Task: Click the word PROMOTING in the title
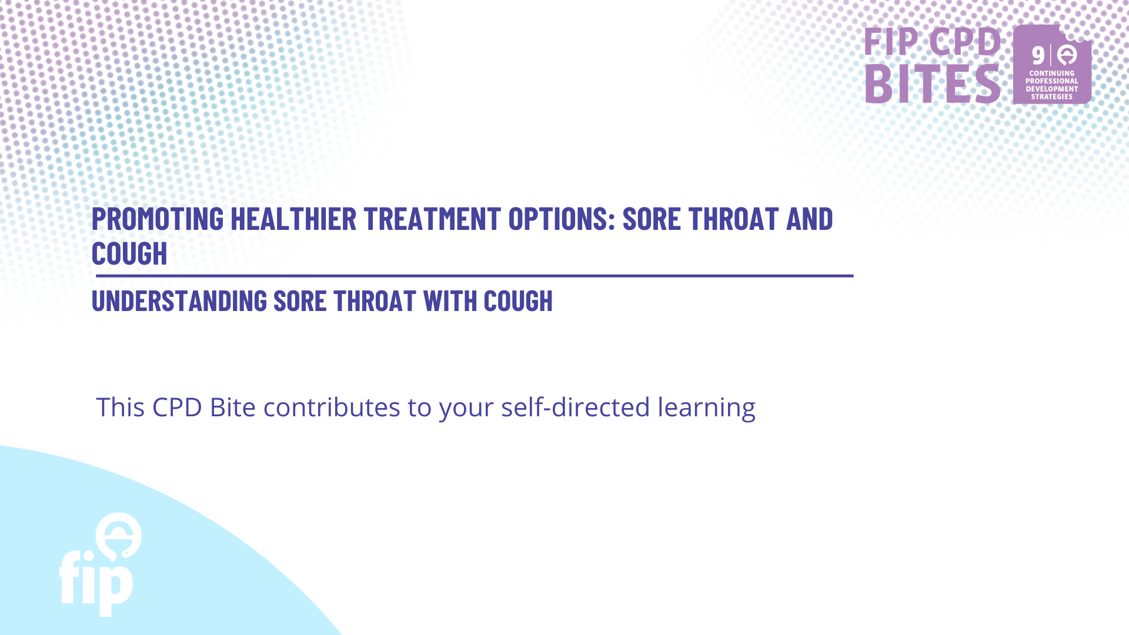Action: [158, 219]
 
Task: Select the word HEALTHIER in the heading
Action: [293, 219]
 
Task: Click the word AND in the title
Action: [810, 219]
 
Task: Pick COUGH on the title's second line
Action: [129, 253]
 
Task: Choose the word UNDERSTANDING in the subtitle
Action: [179, 301]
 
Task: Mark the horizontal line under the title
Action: [474, 276]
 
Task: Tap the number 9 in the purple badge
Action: [1038, 56]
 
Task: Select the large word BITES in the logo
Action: [933, 84]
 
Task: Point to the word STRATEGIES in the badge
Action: [1052, 97]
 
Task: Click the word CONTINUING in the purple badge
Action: [1052, 73]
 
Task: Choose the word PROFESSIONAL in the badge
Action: [1052, 81]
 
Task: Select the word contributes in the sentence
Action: [332, 407]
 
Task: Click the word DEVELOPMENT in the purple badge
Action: [1052, 89]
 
